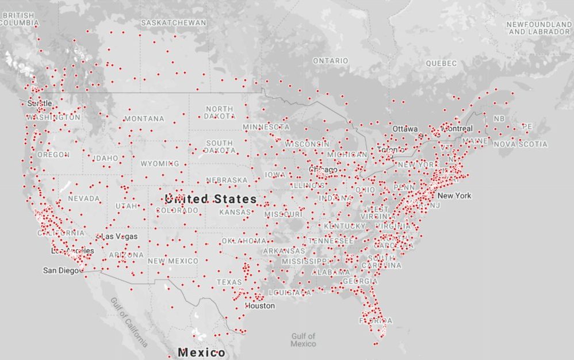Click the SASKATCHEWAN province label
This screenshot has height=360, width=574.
pyautogui.click(x=173, y=22)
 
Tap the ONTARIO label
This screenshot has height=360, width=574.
pyautogui.click(x=330, y=60)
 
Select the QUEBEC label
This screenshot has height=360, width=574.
pyautogui.click(x=441, y=63)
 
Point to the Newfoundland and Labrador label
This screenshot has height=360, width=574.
pyautogui.click(x=539, y=28)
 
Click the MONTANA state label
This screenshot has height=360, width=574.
pyautogui.click(x=144, y=119)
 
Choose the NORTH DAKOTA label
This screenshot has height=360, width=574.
pyautogui.click(x=219, y=112)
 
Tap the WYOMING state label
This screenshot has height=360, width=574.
pyautogui.click(x=160, y=164)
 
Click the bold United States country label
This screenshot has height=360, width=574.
pyautogui.click(x=211, y=199)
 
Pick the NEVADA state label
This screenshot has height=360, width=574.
pyautogui.click(x=84, y=199)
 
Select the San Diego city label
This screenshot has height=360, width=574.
pyautogui.click(x=60, y=270)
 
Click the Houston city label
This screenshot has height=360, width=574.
pyautogui.click(x=259, y=306)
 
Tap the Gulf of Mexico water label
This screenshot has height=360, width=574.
pyautogui.click(x=303, y=340)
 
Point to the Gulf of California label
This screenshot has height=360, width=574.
pyautogui.click(x=129, y=323)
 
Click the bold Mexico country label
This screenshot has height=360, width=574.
pyautogui.click(x=201, y=352)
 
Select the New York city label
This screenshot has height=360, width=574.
pyautogui.click(x=454, y=196)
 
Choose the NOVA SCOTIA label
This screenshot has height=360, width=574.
pyautogui.click(x=521, y=144)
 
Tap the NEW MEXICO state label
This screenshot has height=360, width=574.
pyautogui.click(x=173, y=261)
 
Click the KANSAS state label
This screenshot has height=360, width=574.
pyautogui.click(x=235, y=212)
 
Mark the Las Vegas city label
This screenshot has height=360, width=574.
pyautogui.click(x=118, y=237)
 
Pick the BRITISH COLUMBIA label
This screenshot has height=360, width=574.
pyautogui.click(x=19, y=19)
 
